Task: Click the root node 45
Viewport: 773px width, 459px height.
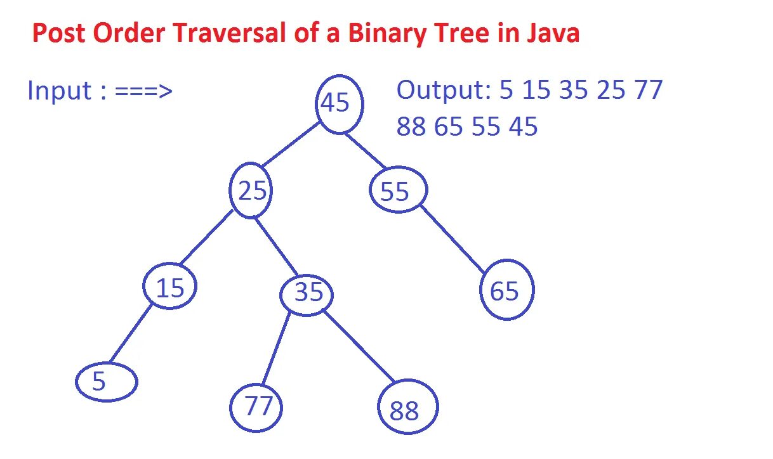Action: [340, 103]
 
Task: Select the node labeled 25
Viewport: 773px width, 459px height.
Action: [251, 190]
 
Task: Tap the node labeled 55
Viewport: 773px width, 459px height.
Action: [398, 190]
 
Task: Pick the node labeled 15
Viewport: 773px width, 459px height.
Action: [169, 287]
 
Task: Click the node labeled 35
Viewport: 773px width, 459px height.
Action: [308, 293]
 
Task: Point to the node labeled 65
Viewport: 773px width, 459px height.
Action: [506, 290]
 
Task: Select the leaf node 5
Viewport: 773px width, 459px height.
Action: [106, 382]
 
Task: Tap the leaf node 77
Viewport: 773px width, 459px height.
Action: [256, 406]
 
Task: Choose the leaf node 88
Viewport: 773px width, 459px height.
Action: [407, 408]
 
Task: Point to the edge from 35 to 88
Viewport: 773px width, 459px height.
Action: [360, 346]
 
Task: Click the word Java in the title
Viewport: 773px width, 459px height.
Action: [552, 33]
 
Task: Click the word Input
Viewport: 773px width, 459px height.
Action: [59, 91]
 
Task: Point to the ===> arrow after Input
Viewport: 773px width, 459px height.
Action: [144, 91]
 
